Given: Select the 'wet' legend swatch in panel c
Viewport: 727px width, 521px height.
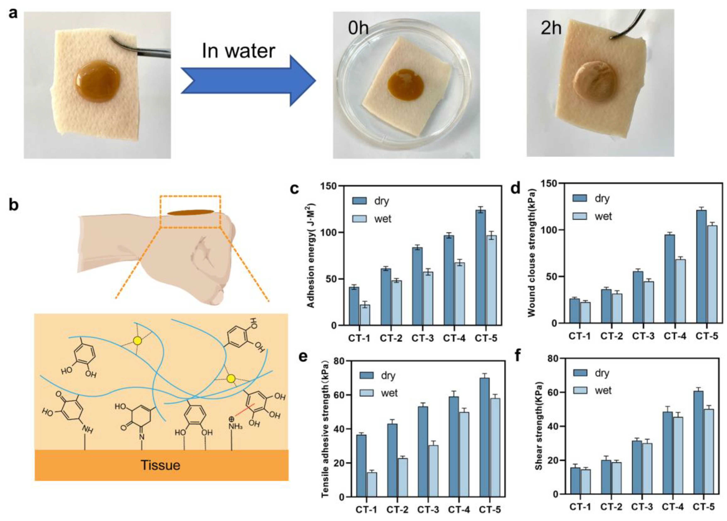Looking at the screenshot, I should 359,219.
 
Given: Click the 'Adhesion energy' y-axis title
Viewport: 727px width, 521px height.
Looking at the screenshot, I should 311,255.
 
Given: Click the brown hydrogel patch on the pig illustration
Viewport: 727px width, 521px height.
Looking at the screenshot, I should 190,212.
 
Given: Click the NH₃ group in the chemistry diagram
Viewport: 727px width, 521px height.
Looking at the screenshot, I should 235,426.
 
